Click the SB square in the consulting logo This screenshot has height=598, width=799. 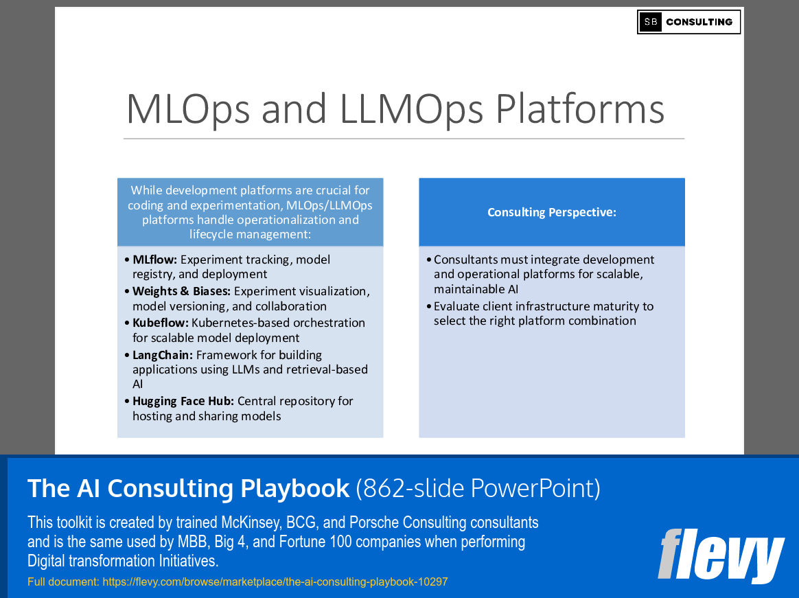(x=650, y=22)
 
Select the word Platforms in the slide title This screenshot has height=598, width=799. (x=580, y=108)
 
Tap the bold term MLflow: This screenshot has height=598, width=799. (x=154, y=260)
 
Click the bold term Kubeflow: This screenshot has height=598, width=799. (x=160, y=323)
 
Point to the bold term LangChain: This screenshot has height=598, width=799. (x=163, y=355)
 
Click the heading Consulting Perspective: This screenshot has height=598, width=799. (x=552, y=212)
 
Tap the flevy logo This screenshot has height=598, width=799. (x=720, y=555)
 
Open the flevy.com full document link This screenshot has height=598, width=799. (x=275, y=582)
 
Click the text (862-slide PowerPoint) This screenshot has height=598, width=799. (x=478, y=488)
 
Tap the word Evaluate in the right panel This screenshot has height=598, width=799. (x=459, y=306)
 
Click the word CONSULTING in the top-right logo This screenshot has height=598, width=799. (x=699, y=22)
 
